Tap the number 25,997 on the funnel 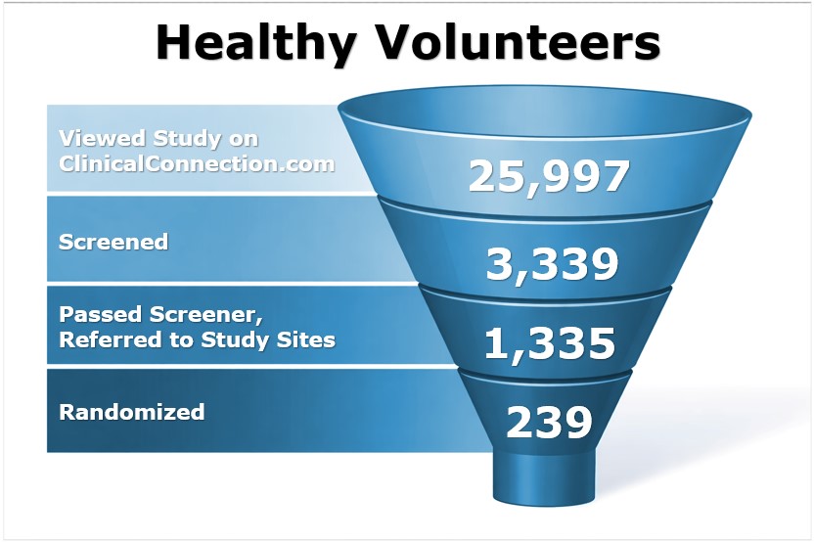547,176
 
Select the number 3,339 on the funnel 553,263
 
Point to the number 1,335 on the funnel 551,343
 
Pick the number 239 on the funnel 549,422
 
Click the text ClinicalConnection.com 197,163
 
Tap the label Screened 113,241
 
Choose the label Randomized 132,412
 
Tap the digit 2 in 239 520,422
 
